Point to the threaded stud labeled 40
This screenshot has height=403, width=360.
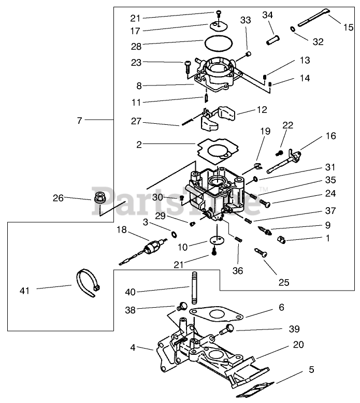click(195, 288)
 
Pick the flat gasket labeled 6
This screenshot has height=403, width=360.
click(216, 314)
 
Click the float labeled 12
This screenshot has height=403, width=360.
click(218, 118)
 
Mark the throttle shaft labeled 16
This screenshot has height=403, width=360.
click(284, 162)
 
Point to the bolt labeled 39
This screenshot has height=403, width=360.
click(227, 329)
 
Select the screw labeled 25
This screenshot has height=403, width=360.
click(261, 253)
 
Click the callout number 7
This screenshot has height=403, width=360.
click(79, 121)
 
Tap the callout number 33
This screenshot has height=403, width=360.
click(246, 20)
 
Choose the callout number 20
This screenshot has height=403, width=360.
click(298, 344)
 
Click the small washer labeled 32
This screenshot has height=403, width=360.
click(293, 29)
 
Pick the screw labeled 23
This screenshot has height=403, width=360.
click(188, 66)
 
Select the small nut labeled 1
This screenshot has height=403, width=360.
click(282, 240)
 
